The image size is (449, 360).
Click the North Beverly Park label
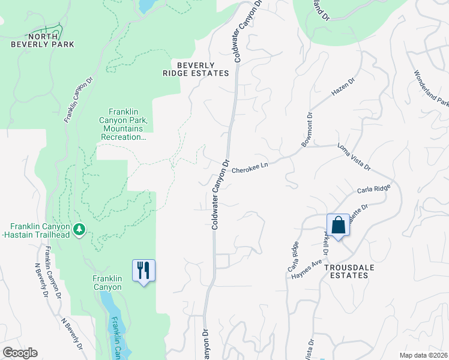click(42, 40)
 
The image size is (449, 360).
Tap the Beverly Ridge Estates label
click(196, 69)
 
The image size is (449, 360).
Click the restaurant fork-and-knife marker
click(143, 270)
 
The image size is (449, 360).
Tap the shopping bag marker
click(338, 226)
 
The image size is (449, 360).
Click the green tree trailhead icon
click(79, 229)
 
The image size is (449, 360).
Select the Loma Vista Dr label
click(354, 157)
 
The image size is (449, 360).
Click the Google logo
click(20, 353)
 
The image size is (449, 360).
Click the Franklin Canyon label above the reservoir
click(107, 283)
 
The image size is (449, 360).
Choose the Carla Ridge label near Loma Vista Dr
click(373, 190)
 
